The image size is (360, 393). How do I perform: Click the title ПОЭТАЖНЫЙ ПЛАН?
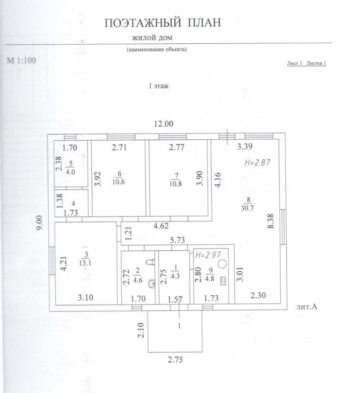click(x=162, y=23)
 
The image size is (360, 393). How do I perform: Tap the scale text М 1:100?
click(x=22, y=61)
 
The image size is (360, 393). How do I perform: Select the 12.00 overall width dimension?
click(x=164, y=124)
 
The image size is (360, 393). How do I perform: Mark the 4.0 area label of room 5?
click(x=71, y=172)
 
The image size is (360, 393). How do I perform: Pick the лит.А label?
click(x=306, y=306)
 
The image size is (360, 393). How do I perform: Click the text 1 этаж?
click(x=158, y=86)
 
